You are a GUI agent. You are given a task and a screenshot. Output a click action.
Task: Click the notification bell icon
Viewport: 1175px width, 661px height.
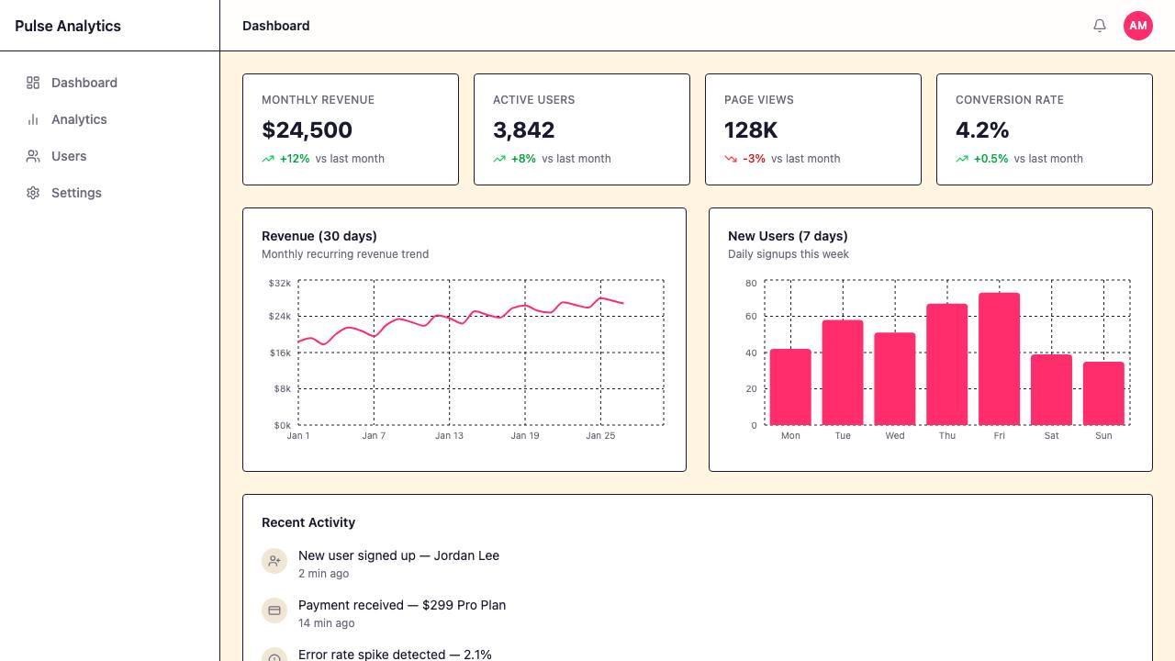point(1100,25)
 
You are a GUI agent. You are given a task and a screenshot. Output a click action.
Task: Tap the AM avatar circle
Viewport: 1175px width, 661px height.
point(1137,25)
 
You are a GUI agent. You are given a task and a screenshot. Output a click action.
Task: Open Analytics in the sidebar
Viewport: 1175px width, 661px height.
point(79,119)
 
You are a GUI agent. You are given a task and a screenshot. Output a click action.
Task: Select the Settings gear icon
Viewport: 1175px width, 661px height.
point(33,193)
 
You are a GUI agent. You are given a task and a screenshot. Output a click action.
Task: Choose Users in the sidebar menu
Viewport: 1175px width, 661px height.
point(69,156)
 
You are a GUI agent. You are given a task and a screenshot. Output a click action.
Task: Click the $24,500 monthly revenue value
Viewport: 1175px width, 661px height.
point(307,130)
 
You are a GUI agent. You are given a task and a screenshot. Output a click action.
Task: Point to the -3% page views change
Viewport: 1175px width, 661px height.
point(754,159)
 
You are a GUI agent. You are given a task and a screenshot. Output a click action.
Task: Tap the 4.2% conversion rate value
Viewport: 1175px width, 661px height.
point(982,130)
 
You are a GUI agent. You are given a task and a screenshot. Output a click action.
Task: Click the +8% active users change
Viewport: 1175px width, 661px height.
point(523,159)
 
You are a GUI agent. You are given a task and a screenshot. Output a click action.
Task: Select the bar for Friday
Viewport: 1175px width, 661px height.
point(1000,359)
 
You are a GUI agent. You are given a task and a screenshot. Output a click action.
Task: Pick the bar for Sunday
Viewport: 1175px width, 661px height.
point(1103,394)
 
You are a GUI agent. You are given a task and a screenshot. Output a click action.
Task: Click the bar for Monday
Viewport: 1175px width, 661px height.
point(790,387)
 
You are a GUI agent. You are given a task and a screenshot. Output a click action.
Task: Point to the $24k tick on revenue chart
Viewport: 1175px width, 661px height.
point(280,317)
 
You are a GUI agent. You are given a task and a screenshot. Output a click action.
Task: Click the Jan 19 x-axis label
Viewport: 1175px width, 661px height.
point(525,435)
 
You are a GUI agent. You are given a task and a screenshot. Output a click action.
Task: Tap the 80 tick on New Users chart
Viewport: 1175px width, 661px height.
point(751,284)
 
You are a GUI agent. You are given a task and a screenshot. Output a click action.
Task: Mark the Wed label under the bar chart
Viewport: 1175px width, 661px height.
point(895,435)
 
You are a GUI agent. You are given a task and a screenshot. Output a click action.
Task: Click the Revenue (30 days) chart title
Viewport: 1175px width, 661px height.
point(319,236)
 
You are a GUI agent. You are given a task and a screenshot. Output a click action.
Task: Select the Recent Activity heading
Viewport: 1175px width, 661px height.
point(308,522)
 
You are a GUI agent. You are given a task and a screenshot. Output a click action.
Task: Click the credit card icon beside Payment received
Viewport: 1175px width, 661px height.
point(274,611)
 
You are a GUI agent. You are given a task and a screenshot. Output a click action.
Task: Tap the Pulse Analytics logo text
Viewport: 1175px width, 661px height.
point(68,26)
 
